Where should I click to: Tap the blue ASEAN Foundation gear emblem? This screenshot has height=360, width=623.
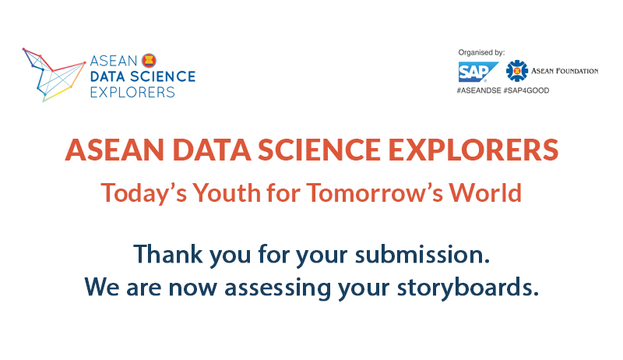(x=516, y=71)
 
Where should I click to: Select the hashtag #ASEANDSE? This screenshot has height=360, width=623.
(x=478, y=90)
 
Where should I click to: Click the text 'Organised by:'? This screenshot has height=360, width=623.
(x=480, y=53)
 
